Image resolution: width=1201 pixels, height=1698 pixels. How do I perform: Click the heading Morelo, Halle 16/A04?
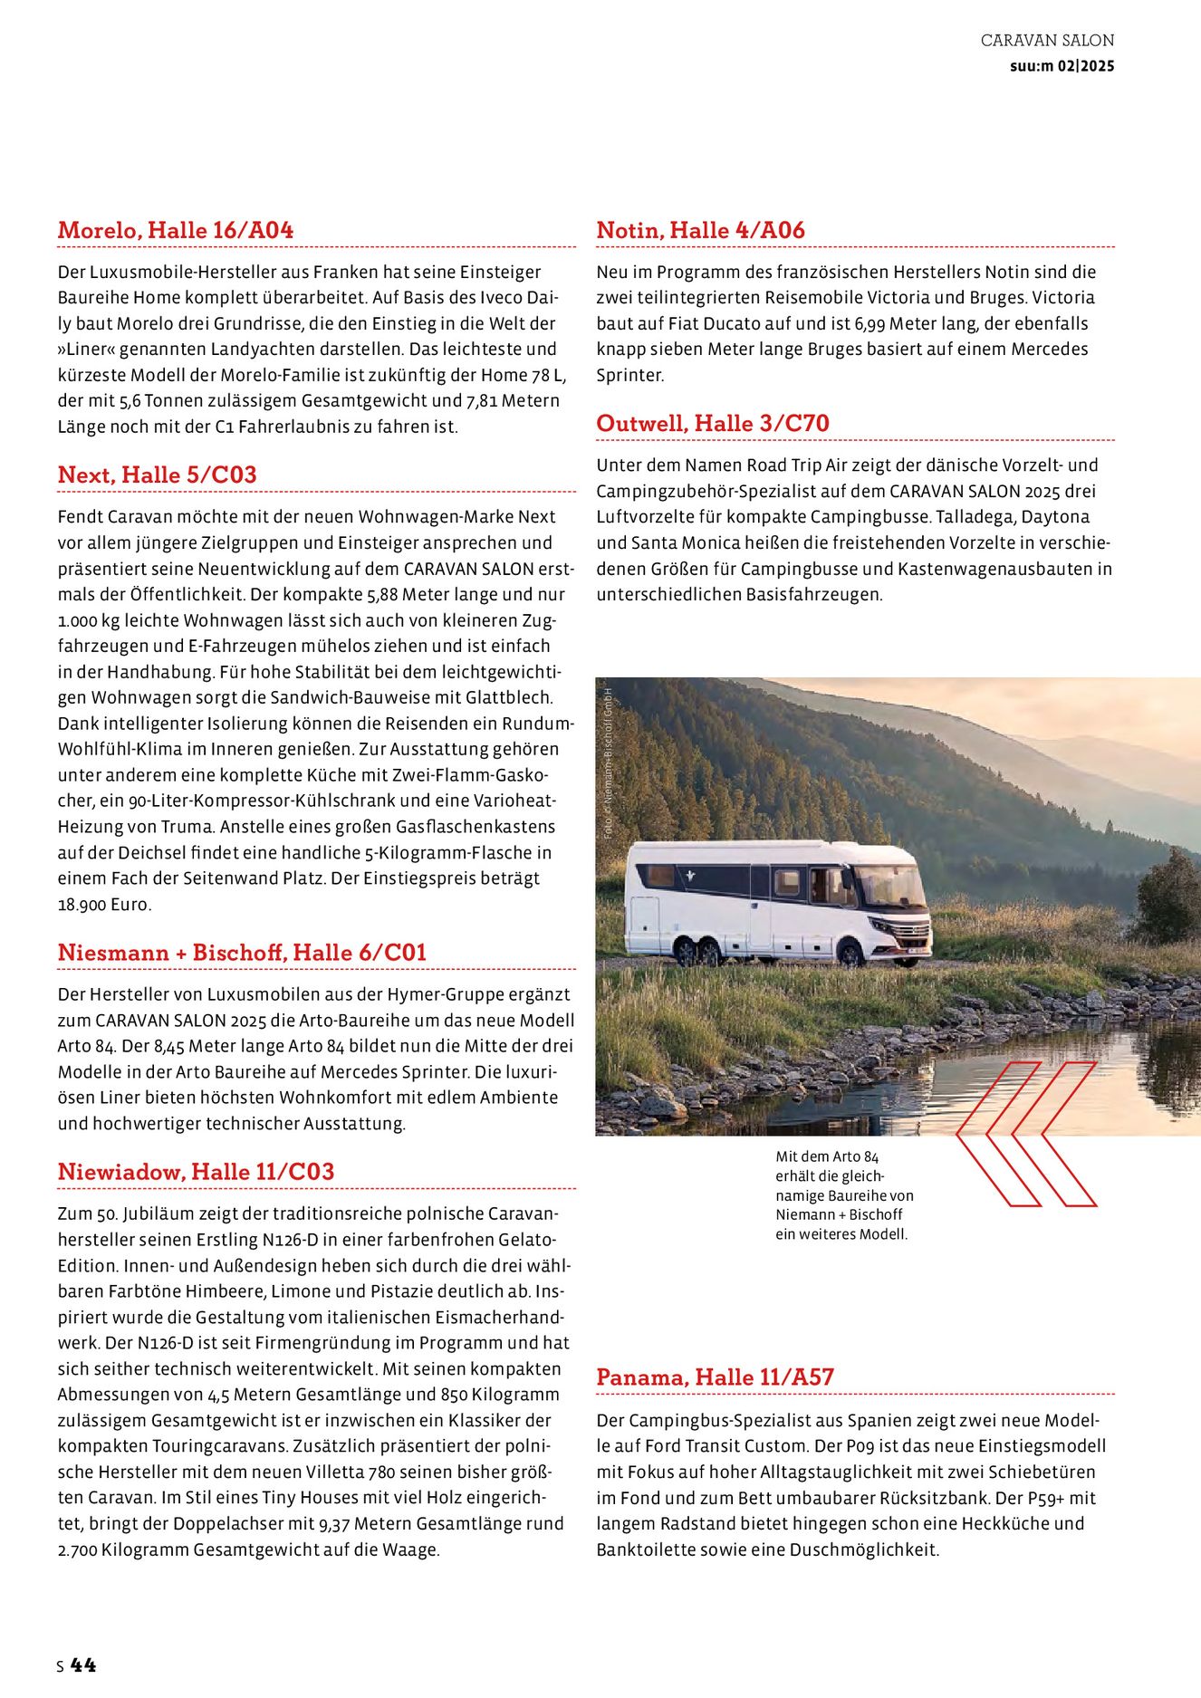click(176, 230)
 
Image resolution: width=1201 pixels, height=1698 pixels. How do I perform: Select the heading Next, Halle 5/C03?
click(157, 475)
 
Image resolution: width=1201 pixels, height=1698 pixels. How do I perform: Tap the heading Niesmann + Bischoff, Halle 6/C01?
click(242, 953)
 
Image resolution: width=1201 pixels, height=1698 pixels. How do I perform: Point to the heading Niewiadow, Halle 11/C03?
click(196, 1172)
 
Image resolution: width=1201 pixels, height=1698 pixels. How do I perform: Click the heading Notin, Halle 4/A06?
click(700, 230)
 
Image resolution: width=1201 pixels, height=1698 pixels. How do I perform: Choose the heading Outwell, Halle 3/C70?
click(713, 423)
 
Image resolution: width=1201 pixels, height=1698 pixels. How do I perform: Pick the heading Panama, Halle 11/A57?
click(715, 1377)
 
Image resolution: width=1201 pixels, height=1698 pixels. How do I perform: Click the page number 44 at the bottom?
click(82, 1664)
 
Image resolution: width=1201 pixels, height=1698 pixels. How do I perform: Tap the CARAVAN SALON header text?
click(1047, 41)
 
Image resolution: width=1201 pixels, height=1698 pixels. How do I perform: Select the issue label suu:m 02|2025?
click(1062, 66)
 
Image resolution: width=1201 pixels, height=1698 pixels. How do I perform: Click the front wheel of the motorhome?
click(850, 954)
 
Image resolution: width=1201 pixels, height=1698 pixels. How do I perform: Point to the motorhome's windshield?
click(890, 885)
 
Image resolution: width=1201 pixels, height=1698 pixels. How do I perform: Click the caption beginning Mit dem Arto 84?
click(844, 1195)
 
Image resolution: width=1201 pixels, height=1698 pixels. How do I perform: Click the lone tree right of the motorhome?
click(1167, 897)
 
